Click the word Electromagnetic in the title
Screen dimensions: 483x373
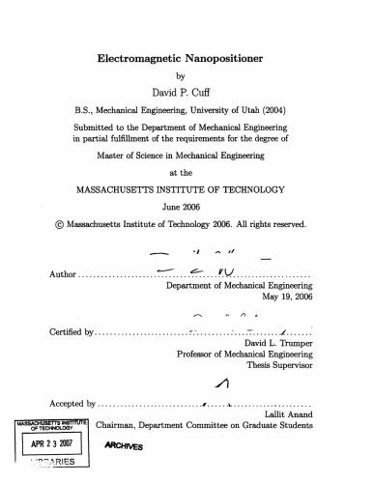click(x=142, y=58)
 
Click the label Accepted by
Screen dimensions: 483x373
click(x=72, y=403)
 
